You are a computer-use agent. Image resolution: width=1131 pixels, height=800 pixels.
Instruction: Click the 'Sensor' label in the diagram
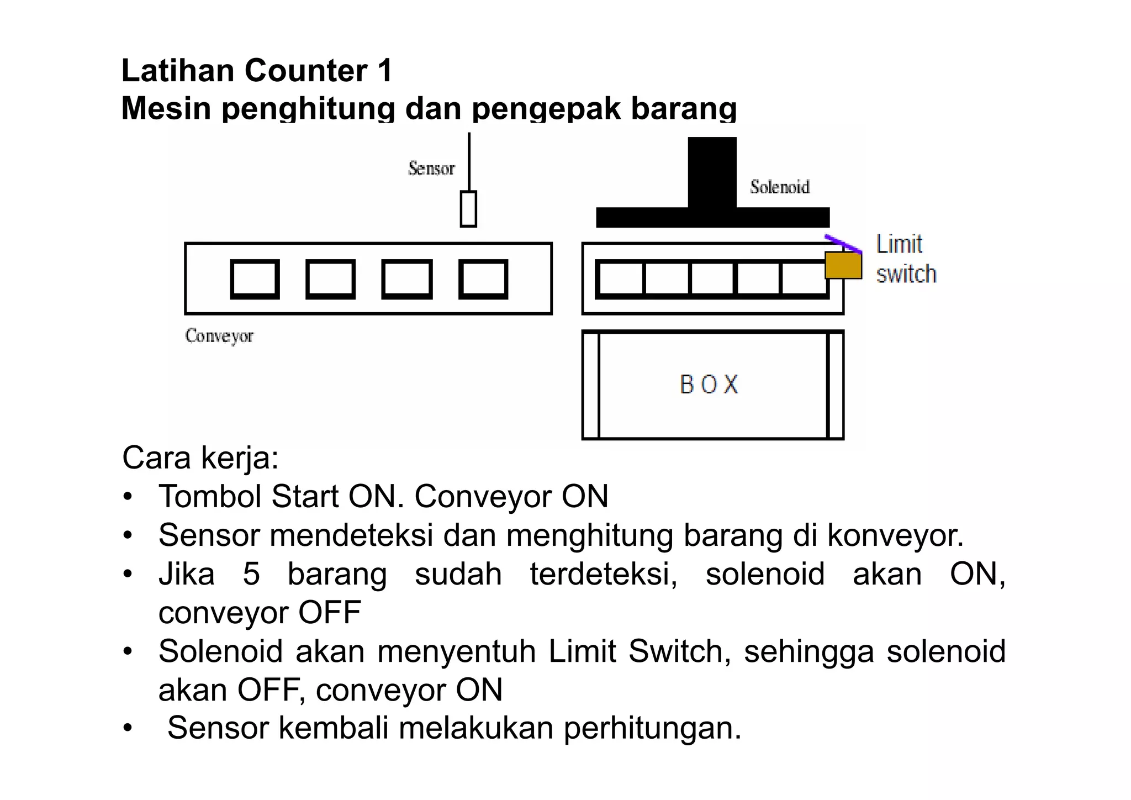pos(431,169)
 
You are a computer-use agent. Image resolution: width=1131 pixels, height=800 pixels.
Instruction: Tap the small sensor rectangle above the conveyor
pos(468,209)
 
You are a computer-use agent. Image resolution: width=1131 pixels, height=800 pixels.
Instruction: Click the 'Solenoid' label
pos(779,187)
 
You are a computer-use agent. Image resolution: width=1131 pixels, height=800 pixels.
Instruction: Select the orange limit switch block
pos(843,265)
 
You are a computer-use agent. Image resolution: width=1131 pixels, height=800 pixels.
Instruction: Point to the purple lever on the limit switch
pos(843,244)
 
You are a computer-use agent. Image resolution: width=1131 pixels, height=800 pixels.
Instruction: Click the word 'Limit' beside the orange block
pos(899,244)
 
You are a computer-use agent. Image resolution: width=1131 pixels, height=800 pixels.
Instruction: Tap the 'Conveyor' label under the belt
pos(219,336)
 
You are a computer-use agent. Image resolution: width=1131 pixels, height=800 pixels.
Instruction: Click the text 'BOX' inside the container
pos(709,385)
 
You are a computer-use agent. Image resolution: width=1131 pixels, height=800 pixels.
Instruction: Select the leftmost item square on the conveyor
pos(255,279)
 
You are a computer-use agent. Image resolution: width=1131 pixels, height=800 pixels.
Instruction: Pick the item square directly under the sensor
pos(483,279)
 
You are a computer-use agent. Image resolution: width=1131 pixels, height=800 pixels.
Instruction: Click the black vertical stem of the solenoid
pos(712,171)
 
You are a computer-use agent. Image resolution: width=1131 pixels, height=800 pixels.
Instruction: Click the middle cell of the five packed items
pos(712,279)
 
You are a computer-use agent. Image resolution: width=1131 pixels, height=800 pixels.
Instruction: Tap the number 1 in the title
pos(385,71)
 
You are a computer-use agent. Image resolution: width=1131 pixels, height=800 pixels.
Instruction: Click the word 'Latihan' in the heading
pos(178,71)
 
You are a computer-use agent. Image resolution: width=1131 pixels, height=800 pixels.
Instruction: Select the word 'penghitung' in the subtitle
pos(308,108)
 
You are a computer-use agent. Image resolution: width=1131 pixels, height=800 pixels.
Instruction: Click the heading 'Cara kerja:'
pos(200,458)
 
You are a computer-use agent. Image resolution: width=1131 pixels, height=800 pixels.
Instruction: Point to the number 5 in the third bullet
pos(251,574)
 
